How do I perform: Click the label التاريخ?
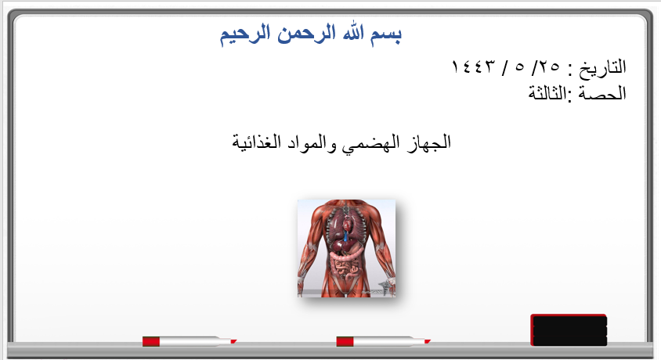point(602,67)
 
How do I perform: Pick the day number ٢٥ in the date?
point(549,67)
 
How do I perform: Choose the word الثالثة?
point(547,92)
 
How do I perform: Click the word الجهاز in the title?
point(429,142)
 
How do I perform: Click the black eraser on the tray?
point(569,330)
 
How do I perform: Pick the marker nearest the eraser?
point(383,341)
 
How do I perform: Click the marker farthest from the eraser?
point(190,341)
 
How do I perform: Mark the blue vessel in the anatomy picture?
point(346,236)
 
